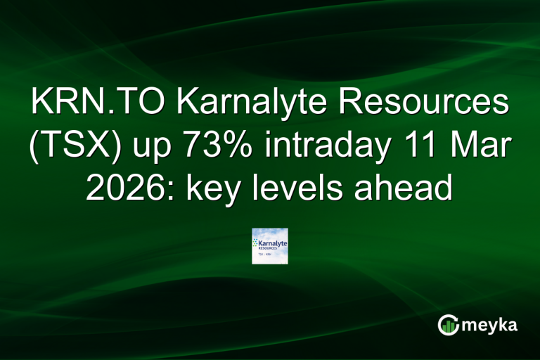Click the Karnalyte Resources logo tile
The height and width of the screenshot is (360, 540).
pyautogui.click(x=270, y=245)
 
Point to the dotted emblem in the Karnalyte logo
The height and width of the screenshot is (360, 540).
pyautogui.click(x=257, y=243)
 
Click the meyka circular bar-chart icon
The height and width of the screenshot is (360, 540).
pyautogui.click(x=449, y=325)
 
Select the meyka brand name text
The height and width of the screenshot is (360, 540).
pyautogui.click(x=491, y=325)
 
